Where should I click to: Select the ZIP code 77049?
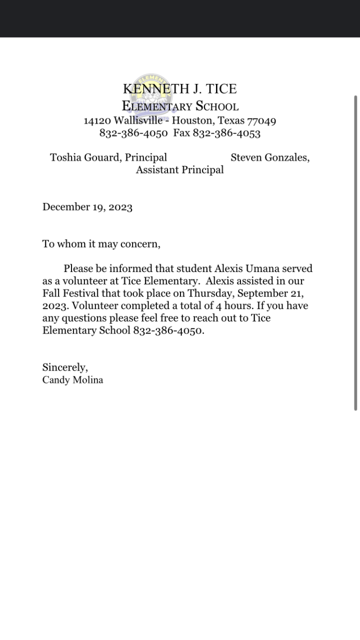261,120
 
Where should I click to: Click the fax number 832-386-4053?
226,133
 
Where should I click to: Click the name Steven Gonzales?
269,157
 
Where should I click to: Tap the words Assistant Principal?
179,170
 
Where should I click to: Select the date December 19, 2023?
87,207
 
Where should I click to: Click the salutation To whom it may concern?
101,244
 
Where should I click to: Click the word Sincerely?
65,367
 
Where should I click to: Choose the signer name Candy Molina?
73,380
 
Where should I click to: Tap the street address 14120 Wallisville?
122,120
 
